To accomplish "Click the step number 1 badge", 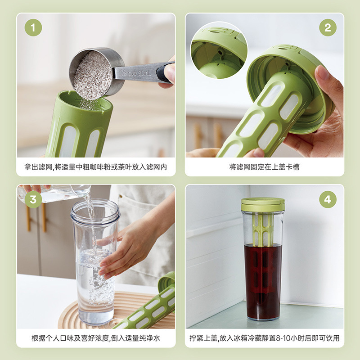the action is pyautogui.click(x=33, y=27).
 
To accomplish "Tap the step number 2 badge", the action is pyautogui.click(x=328, y=27).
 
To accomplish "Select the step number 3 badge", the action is pyautogui.click(x=33, y=199).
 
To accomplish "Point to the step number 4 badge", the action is pyautogui.click(x=328, y=199).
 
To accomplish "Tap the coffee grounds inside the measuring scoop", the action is pyautogui.click(x=93, y=75).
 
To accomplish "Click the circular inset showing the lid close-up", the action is pyautogui.click(x=219, y=50).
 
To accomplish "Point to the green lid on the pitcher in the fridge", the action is pyautogui.click(x=263, y=204).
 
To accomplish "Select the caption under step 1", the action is pyautogui.click(x=96, y=167).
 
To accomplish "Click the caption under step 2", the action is pyautogui.click(x=264, y=167).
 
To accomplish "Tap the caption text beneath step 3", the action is pyautogui.click(x=96, y=338).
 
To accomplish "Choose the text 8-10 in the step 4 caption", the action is pyautogui.click(x=283, y=338).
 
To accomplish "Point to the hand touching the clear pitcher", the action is pyautogui.click(x=129, y=249).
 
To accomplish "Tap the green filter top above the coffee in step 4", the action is pyautogui.click(x=263, y=229).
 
